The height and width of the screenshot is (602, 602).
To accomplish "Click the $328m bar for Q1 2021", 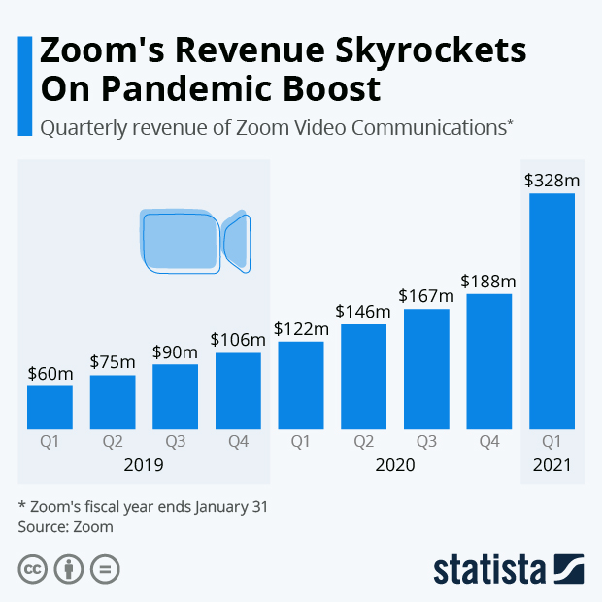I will [552, 311].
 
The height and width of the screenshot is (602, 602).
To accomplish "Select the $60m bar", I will [50, 407].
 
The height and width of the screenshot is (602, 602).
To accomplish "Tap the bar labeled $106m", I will [238, 390].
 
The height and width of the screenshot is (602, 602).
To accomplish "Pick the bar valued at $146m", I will [363, 376].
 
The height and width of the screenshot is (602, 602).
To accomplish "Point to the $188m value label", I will [489, 282].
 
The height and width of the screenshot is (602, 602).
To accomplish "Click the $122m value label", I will [301, 329].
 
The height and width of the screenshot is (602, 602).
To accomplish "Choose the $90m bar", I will [175, 396].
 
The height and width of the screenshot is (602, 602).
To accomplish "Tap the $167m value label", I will [426, 296].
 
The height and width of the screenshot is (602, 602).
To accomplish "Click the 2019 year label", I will [144, 465].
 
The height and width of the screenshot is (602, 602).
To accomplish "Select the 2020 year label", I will [395, 465].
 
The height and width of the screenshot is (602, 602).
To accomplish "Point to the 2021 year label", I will [552, 465].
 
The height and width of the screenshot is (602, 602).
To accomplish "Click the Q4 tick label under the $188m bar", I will [489, 442].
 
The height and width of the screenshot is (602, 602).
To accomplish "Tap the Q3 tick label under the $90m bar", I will [175, 442].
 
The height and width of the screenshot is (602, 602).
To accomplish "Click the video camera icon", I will [194, 240].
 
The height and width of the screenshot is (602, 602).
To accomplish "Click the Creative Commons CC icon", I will [33, 568].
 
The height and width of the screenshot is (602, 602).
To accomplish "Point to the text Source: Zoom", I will [66, 527].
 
